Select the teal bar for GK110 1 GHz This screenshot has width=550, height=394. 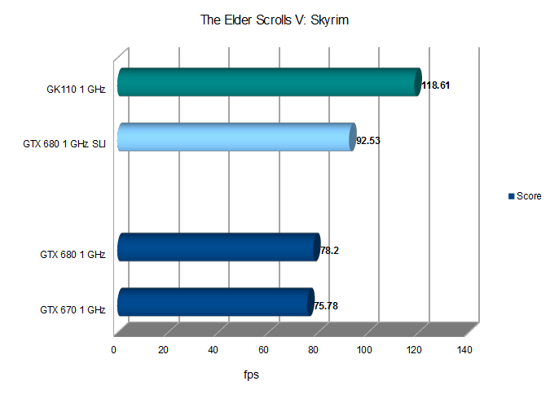point(269,83)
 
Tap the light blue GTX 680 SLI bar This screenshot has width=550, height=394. point(236,138)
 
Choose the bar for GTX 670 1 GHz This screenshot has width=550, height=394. point(215,302)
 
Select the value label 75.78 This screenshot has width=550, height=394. point(326,306)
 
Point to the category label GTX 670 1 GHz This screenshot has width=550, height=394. point(73,309)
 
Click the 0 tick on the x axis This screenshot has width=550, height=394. point(115,350)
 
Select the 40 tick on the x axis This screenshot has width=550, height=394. point(213,350)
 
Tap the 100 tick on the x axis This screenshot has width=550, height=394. point(363,350)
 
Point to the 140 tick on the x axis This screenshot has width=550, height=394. point(464,350)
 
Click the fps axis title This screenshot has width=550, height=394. point(252,375)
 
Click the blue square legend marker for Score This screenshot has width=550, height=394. point(512,196)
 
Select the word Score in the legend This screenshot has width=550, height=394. point(529,196)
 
